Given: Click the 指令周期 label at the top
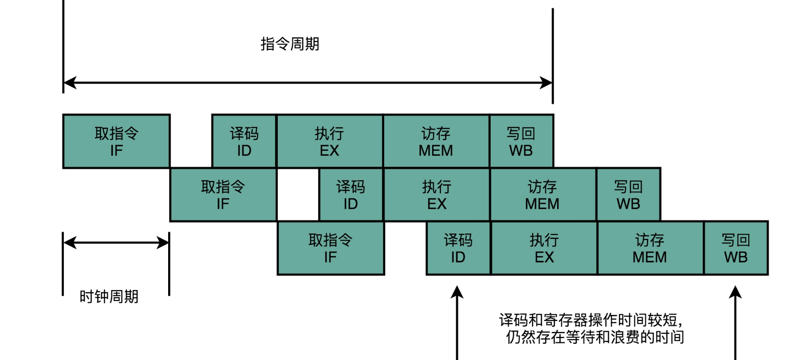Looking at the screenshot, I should click(x=290, y=44).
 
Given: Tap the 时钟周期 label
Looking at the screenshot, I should click(x=109, y=297).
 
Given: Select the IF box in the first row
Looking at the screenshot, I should click(x=116, y=141).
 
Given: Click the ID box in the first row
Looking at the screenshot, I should click(x=244, y=141).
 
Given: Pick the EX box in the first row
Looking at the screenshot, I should click(x=329, y=141).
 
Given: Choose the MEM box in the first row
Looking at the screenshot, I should click(x=436, y=141).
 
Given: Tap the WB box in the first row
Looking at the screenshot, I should click(x=521, y=141).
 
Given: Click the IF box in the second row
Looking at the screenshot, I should click(x=223, y=195).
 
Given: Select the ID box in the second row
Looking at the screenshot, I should click(x=351, y=195).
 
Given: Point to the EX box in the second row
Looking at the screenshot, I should click(x=437, y=195).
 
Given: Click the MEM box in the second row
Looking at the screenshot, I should click(x=543, y=195).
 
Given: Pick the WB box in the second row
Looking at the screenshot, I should click(x=628, y=195).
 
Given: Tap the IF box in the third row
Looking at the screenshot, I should click(x=331, y=248).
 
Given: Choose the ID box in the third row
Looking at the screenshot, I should click(x=458, y=248).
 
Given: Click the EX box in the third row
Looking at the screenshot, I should click(x=544, y=248).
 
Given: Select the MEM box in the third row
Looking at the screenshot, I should click(x=650, y=248).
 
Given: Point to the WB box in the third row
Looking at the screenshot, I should click(x=736, y=248).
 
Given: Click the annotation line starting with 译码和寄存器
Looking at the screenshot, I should click(x=591, y=321).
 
